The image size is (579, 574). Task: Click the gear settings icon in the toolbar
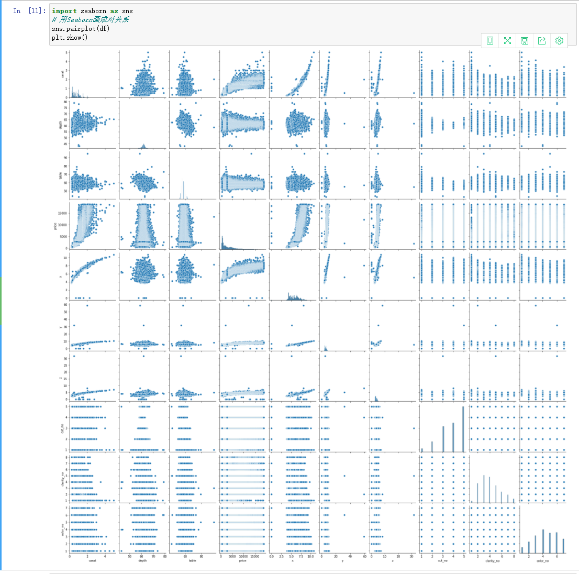(559, 41)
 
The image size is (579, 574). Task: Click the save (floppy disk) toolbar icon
(525, 41)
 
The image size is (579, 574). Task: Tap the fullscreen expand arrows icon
(507, 41)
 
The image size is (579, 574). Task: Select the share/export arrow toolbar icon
(542, 41)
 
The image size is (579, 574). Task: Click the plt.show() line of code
(70, 37)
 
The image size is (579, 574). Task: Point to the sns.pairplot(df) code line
(81, 28)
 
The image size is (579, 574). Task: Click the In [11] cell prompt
(29, 11)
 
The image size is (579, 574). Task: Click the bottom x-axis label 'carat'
(92, 560)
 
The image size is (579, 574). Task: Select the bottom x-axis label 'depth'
(142, 560)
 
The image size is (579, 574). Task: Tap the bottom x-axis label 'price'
(242, 560)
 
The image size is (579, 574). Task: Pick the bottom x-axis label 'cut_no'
(442, 560)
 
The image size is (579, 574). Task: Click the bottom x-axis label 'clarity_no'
(493, 560)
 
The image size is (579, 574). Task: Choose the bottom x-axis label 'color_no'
(543, 560)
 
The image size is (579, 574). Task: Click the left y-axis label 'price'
(55, 225)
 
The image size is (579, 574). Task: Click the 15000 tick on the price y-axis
(63, 213)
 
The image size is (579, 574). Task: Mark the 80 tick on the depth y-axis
(65, 102)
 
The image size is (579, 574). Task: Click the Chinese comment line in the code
(90, 20)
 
